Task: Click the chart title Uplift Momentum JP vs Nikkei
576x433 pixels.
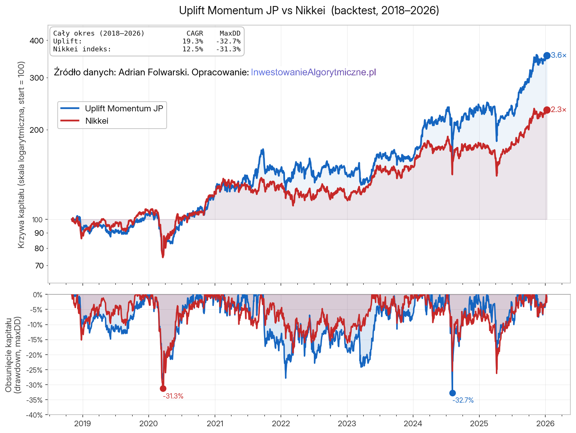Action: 309,10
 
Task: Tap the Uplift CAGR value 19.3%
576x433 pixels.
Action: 192,41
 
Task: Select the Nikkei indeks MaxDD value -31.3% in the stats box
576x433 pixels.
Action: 228,49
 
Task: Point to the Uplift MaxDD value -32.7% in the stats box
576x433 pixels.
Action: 228,41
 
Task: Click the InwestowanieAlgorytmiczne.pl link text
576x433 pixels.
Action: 313,72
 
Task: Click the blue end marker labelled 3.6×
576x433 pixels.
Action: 547,55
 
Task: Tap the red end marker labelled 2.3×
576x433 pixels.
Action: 547,110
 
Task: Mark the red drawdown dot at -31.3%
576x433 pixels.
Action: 163,388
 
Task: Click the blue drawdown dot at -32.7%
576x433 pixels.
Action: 452,393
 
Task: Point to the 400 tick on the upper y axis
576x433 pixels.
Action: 37,40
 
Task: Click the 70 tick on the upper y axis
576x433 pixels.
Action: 39,266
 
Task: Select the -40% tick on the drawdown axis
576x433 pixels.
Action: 34,415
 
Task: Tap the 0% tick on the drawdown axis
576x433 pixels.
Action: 37,295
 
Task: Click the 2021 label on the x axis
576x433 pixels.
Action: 215,424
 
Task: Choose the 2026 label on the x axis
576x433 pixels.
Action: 545,424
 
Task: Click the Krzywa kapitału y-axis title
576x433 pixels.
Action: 21,154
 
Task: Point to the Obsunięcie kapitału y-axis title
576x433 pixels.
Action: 12,355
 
